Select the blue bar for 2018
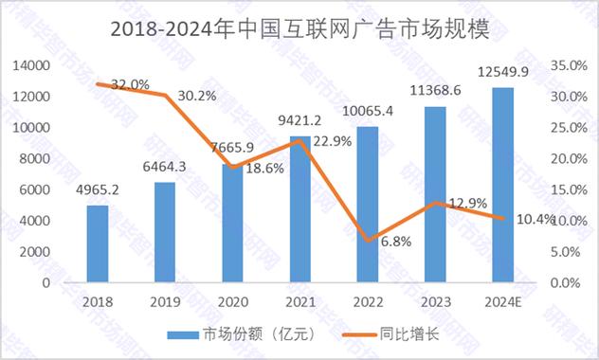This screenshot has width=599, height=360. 97,243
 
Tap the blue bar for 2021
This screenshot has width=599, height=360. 299,209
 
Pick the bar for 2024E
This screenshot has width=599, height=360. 501,185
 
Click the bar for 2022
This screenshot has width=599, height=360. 367,204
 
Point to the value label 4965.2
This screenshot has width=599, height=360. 96,190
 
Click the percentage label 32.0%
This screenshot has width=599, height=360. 129,84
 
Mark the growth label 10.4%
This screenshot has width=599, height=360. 537,220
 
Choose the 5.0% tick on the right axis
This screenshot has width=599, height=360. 567,251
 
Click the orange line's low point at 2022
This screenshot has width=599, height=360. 367,241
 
